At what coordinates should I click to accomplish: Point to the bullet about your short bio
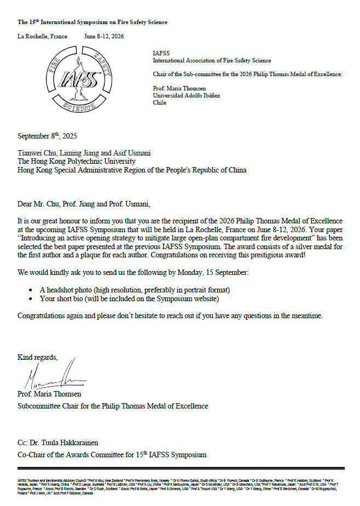click(x=129, y=298)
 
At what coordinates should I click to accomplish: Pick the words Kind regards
click(x=37, y=357)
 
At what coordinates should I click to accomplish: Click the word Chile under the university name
click(x=160, y=102)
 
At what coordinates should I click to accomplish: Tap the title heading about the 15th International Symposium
click(x=92, y=22)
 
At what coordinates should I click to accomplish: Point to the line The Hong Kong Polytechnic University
click(x=77, y=161)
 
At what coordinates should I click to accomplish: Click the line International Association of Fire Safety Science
click(x=212, y=60)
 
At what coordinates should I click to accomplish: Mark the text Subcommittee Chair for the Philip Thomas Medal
click(x=113, y=406)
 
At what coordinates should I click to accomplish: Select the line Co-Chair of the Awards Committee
click(x=112, y=455)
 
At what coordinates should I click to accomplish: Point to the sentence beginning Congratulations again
click(x=170, y=316)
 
